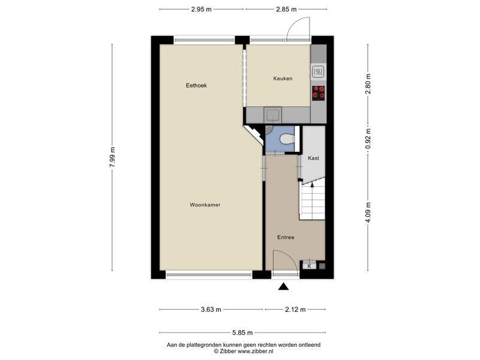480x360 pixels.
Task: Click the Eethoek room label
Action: [x=196, y=85]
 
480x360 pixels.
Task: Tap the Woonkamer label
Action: [x=205, y=205]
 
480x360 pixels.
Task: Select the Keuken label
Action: [x=283, y=79]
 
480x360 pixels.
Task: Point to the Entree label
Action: [x=286, y=237]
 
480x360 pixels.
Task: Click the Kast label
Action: [x=313, y=158]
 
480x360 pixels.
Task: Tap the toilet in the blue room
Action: [x=287, y=139]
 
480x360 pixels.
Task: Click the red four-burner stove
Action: [x=319, y=93]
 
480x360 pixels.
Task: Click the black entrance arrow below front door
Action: [x=283, y=287]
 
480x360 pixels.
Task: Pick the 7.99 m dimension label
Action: [x=112, y=157]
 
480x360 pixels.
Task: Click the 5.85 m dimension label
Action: [x=242, y=333]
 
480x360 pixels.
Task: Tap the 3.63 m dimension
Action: [x=211, y=310]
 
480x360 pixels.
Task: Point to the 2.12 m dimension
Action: [x=295, y=310]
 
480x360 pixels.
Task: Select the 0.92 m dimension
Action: [x=368, y=139]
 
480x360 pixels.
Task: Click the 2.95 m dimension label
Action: [x=202, y=9]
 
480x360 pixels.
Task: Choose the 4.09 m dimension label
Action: [x=368, y=213]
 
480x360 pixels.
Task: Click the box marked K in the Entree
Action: [x=310, y=266]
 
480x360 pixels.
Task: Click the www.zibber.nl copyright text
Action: [x=244, y=351]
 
